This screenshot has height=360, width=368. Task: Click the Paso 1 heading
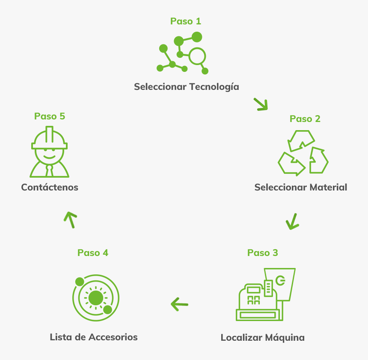[x=185, y=21]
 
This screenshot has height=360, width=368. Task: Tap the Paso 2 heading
[x=305, y=119]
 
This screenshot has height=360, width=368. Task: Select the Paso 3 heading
[x=262, y=253]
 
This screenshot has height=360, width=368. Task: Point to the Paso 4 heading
[x=93, y=253]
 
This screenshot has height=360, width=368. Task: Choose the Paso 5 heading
[x=50, y=116]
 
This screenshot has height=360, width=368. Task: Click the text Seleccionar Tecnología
[x=186, y=86]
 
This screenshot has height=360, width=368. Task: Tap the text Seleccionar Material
[x=300, y=187]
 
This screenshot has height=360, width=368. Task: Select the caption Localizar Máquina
[x=262, y=337]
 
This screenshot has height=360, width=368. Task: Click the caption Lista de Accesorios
[x=94, y=337]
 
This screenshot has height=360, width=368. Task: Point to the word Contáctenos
[x=50, y=187]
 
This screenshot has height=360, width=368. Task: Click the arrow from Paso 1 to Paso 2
[x=261, y=104]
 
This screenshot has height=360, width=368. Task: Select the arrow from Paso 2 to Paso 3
[x=292, y=221]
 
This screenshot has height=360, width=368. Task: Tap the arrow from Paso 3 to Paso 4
[x=179, y=304]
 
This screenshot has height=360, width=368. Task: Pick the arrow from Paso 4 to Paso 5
[x=70, y=219]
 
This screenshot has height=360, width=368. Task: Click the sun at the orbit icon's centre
[x=95, y=298]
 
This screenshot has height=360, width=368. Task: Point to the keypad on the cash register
[x=254, y=299]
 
